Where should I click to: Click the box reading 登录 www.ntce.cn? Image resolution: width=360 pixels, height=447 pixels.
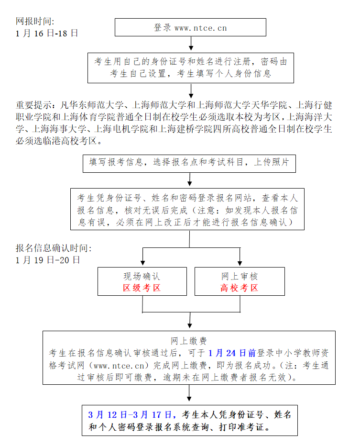coord(190,27)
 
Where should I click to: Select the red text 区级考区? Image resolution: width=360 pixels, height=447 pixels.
coord(142,288)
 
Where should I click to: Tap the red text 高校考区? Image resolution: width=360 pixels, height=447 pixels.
coord(239,288)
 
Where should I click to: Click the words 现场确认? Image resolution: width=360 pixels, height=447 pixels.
coord(142,277)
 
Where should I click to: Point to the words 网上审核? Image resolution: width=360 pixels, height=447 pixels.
coord(239,277)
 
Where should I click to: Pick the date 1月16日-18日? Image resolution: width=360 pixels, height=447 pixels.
coord(46,34)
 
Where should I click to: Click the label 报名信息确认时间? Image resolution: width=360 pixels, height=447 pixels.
coord(53,248)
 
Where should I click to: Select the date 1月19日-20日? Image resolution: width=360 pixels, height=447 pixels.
coord(48,260)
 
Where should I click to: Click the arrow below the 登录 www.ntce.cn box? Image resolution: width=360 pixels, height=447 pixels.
coord(191,44)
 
